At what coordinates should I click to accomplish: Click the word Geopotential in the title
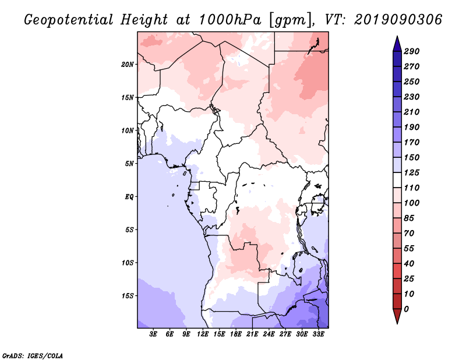click(x=68, y=20)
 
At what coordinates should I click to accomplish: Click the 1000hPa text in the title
click(x=230, y=20)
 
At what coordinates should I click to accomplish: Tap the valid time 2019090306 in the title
click(x=398, y=20)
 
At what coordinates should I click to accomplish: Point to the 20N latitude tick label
click(x=128, y=65)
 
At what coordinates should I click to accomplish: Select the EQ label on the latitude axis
click(x=129, y=197)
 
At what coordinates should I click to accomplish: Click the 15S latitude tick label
click(x=128, y=296)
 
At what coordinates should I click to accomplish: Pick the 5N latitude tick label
click(x=129, y=164)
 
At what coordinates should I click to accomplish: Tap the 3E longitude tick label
click(x=153, y=334)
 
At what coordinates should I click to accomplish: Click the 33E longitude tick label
click(x=318, y=334)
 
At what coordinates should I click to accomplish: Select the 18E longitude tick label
click(x=236, y=334)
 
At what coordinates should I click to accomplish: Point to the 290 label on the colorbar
click(x=412, y=51)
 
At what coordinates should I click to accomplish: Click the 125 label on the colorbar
click(x=412, y=172)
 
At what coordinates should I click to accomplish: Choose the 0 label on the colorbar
click(x=406, y=309)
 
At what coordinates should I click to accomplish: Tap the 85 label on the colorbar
click(x=409, y=218)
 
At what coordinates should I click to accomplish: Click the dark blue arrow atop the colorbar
click(x=397, y=44)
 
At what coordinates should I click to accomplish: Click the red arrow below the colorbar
click(x=397, y=316)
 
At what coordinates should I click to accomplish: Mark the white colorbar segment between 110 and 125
click(x=397, y=180)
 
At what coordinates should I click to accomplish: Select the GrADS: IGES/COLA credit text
click(x=33, y=356)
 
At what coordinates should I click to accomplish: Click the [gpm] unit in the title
click(x=288, y=20)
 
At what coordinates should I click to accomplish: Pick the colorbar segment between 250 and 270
click(x=397, y=74)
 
